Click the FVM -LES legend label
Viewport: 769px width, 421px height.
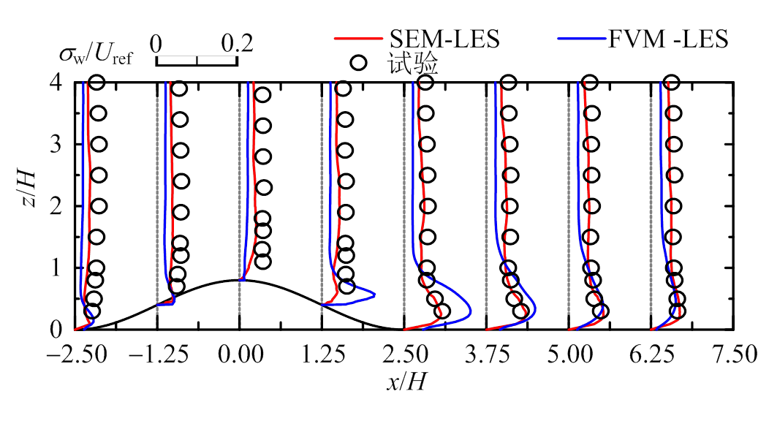668,39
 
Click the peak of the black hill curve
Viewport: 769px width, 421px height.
240,280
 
